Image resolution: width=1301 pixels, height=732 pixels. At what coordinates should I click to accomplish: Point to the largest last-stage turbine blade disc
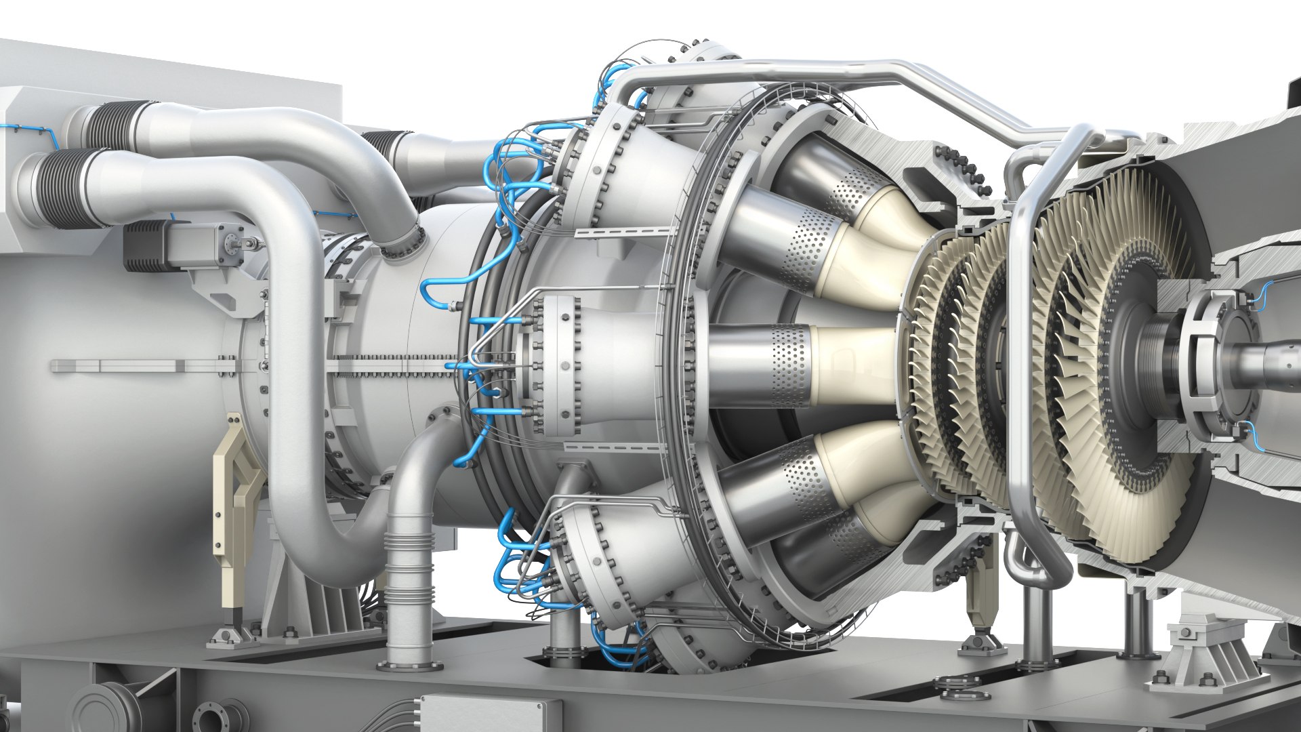point(1111,366)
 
